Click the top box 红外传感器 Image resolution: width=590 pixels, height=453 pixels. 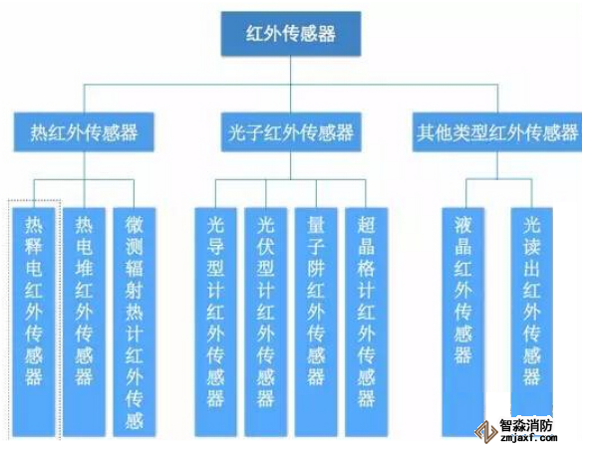pyautogui.click(x=290, y=35)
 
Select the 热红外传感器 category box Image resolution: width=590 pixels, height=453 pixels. pyautogui.click(x=84, y=131)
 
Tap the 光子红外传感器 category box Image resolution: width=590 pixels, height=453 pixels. pyautogui.click(x=290, y=131)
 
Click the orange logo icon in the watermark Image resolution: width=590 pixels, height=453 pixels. pyautogui.click(x=485, y=430)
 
